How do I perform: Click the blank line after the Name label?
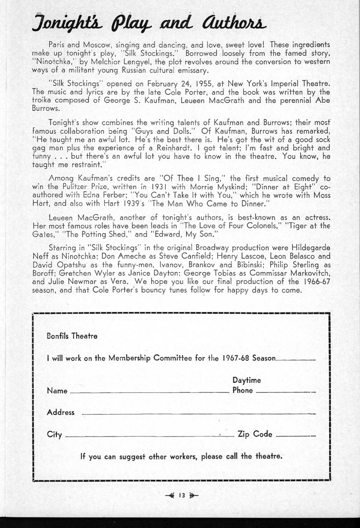click(x=149, y=392)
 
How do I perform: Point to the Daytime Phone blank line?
click(x=286, y=392)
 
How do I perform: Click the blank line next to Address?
click(x=199, y=414)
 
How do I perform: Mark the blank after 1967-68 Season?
click(x=297, y=360)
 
